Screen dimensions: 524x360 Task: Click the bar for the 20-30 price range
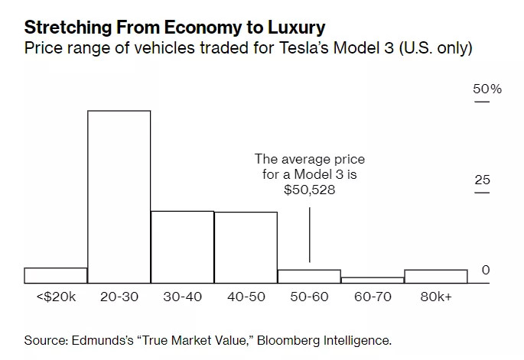(119, 196)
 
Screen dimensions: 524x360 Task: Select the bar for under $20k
(56, 275)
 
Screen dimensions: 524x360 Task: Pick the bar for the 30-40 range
(183, 247)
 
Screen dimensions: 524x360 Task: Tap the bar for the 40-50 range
(246, 248)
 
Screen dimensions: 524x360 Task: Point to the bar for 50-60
(309, 277)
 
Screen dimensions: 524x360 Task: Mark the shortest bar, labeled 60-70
(373, 281)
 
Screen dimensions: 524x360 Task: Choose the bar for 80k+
(436, 277)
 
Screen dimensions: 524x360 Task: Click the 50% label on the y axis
(487, 89)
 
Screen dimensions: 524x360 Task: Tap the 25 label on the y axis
(482, 180)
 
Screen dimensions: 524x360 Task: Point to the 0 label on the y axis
(486, 270)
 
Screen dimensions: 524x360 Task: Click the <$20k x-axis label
(56, 297)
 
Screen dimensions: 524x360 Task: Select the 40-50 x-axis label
(246, 297)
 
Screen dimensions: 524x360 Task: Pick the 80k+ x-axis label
(436, 297)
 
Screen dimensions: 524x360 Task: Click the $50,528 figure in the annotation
(310, 190)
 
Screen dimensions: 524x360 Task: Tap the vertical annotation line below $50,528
(310, 235)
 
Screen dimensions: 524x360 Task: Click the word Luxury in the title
(296, 28)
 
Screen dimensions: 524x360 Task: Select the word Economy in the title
(203, 28)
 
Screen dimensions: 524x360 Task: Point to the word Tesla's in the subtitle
(304, 47)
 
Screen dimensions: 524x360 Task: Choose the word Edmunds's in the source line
(103, 341)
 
